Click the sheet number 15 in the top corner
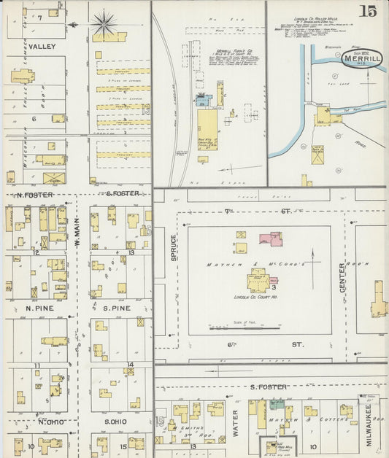(x=369, y=11)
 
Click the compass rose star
(x=104, y=24)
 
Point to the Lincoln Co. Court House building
(x=258, y=280)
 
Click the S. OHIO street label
(x=115, y=422)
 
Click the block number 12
(x=35, y=252)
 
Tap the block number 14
(x=130, y=364)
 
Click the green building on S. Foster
(x=277, y=403)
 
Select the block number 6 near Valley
(x=34, y=117)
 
